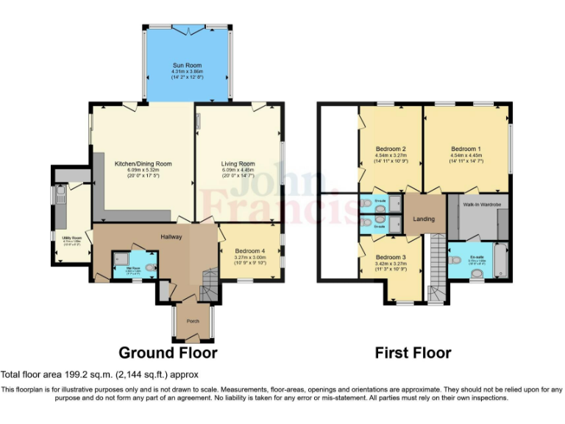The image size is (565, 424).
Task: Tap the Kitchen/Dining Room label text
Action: [143, 163]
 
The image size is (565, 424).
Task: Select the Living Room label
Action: [238, 163]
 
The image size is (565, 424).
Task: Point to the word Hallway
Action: [171, 236]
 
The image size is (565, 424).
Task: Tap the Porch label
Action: [193, 320]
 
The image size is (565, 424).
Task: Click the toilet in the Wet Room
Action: [149, 268]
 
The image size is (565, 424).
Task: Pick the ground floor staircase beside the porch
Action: [210, 283]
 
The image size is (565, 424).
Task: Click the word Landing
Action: [424, 219]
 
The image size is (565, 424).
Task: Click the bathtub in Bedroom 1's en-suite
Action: [502, 261]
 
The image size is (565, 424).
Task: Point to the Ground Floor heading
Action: [168, 353]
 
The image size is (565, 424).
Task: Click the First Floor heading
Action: [413, 353]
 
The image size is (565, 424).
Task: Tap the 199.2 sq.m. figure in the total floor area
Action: [74, 375]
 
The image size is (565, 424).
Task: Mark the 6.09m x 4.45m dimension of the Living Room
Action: [238, 170]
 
